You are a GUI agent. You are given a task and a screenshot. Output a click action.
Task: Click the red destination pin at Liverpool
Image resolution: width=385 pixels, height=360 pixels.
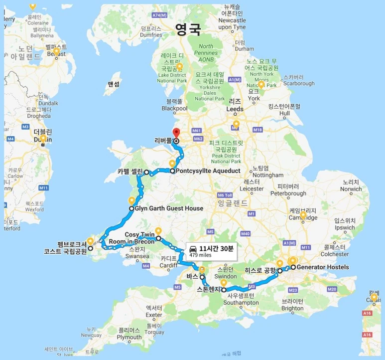point(175,133)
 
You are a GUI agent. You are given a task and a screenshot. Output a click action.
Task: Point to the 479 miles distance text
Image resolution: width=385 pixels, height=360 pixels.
point(201,254)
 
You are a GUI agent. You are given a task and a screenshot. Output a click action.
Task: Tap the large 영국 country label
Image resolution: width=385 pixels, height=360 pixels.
point(188,29)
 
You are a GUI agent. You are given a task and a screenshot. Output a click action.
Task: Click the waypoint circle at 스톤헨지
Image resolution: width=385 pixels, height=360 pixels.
point(224,290)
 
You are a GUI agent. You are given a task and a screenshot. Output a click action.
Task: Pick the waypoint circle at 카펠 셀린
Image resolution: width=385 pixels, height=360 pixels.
point(147,172)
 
